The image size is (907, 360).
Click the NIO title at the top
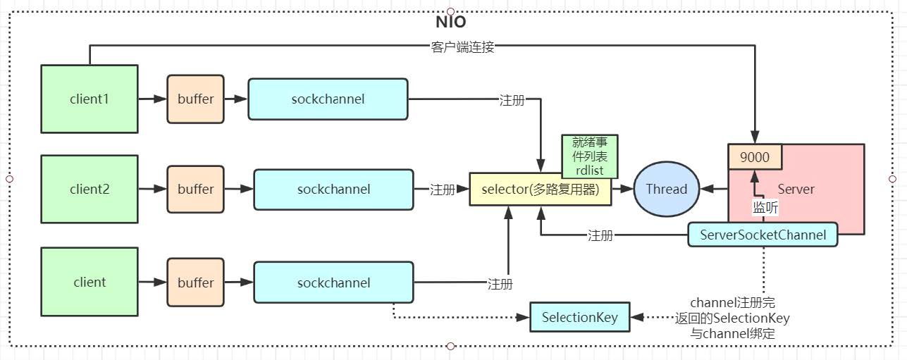click(x=450, y=21)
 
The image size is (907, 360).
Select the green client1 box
click(x=89, y=99)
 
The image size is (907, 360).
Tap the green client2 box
click(x=89, y=190)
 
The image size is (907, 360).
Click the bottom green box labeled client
click(x=89, y=283)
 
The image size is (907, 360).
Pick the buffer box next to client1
click(x=195, y=99)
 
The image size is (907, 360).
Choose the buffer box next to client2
click(x=195, y=190)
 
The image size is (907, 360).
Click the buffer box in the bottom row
click(x=195, y=283)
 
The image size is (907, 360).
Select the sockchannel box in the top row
click(x=328, y=99)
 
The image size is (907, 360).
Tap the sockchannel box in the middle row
click(x=333, y=190)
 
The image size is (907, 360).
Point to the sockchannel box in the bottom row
click(x=333, y=283)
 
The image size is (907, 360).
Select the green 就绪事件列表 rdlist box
click(x=590, y=156)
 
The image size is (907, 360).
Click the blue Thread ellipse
click(x=666, y=189)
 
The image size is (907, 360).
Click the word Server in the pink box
click(x=796, y=189)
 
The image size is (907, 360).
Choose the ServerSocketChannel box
click(x=763, y=235)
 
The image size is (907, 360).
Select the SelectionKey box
click(x=579, y=317)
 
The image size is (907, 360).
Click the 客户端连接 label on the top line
click(x=462, y=47)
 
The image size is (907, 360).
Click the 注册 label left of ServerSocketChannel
click(x=600, y=235)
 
